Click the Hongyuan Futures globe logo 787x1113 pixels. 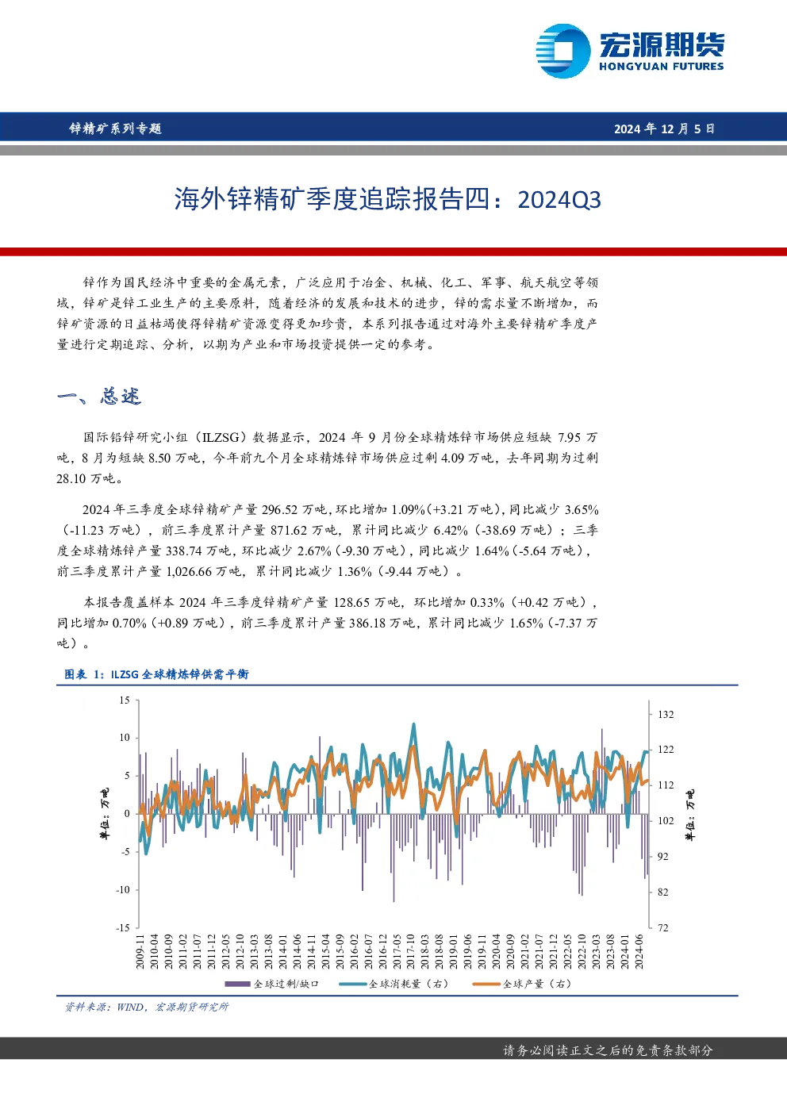pos(563,51)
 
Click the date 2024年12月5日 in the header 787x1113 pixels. pos(664,129)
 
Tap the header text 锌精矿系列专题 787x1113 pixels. pos(115,129)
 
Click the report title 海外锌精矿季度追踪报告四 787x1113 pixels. pos(332,200)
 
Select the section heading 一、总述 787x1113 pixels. pos(99,397)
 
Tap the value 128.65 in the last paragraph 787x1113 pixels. pos(351,602)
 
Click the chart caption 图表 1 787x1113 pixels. pos(83,674)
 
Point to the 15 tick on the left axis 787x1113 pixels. pos(125,700)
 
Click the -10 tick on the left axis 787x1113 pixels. pos(123,889)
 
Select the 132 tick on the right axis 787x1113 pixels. pos(666,715)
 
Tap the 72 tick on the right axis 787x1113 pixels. pos(663,927)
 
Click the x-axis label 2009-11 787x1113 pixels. pos(140,951)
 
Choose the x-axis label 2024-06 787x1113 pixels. pos(639,951)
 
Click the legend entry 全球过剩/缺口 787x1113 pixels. pos(272,984)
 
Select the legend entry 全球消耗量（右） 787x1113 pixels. pos(394,984)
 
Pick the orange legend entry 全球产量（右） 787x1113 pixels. pos(522,984)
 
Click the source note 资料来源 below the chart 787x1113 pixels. pos(147,1007)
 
